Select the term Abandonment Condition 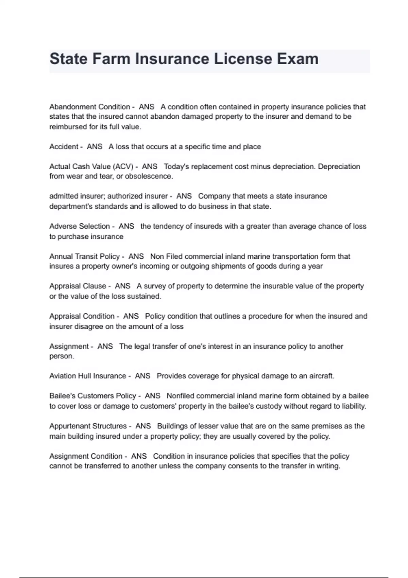(89, 107)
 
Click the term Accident (64, 147)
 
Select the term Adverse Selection (79, 226)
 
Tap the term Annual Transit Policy (84, 256)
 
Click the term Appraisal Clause (78, 286)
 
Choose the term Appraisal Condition (82, 316)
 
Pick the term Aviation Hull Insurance (87, 376)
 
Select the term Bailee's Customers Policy (92, 396)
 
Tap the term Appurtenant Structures (88, 426)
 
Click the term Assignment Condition (86, 456)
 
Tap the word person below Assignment (61, 356)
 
